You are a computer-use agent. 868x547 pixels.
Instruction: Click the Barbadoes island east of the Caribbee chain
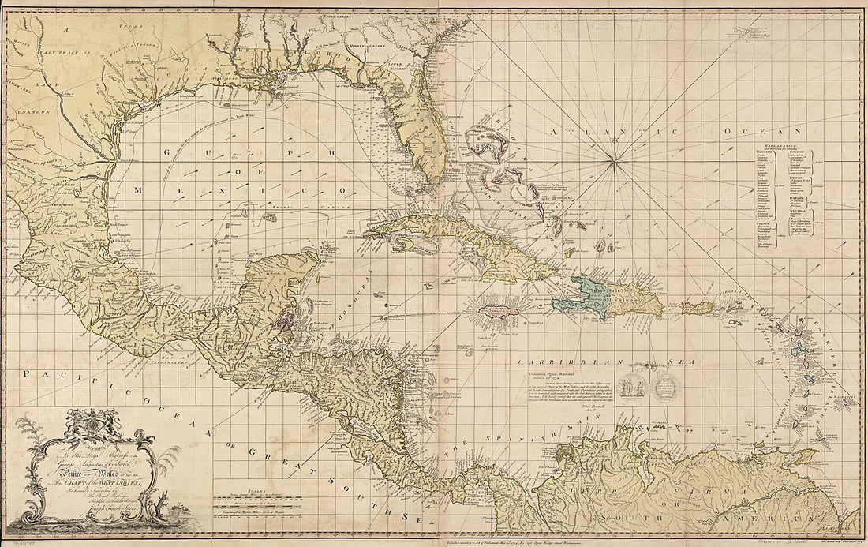849,403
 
